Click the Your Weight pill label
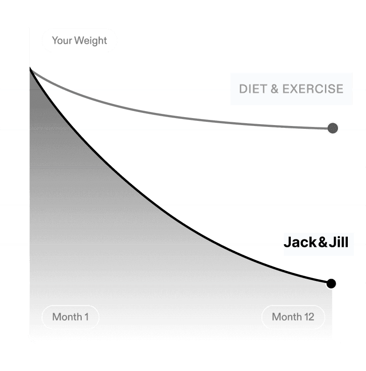click(x=79, y=41)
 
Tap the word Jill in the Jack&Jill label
click(x=338, y=243)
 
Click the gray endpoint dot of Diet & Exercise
click(x=332, y=128)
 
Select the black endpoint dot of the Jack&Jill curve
click(x=331, y=283)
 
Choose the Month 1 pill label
click(x=70, y=317)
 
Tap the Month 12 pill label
click(x=293, y=317)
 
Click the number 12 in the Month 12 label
click(x=309, y=317)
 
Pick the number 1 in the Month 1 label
click(x=86, y=317)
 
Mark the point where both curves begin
click(x=30, y=69)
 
